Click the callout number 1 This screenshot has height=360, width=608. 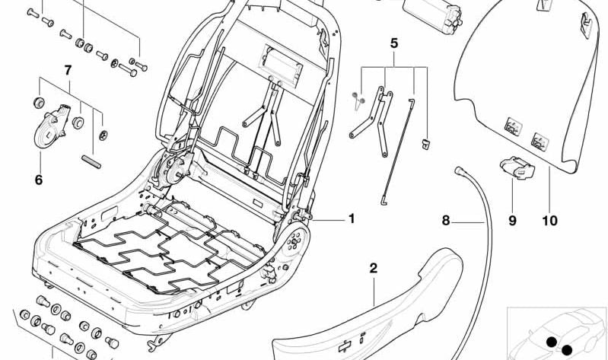pos(351,218)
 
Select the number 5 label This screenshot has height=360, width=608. pos(393,43)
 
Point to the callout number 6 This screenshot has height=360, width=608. pos(38,180)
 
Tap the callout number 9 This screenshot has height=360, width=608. pos(512,221)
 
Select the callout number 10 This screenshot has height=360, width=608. pos(549,221)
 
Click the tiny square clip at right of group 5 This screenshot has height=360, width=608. pos(427,141)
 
